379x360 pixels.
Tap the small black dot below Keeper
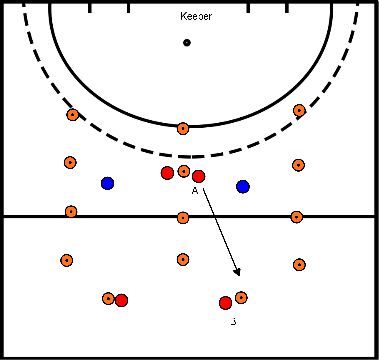tap(187, 42)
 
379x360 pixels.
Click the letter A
tap(194, 189)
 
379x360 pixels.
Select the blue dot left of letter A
tap(107, 183)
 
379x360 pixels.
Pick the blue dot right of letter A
tap(243, 186)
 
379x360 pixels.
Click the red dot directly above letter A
tap(199, 176)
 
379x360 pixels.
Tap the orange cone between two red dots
tap(183, 172)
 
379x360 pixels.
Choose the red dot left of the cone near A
tap(167, 173)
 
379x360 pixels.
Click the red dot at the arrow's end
tap(225, 302)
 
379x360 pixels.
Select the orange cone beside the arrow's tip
tap(241, 297)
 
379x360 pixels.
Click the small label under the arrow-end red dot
tap(232, 321)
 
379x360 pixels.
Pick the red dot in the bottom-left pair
tap(121, 300)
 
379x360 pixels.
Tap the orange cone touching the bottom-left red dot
tap(108, 298)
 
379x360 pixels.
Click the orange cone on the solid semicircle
tap(182, 128)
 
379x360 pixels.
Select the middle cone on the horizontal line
tap(182, 217)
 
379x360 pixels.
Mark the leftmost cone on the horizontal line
tap(71, 211)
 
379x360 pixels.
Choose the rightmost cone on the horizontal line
tap(296, 216)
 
